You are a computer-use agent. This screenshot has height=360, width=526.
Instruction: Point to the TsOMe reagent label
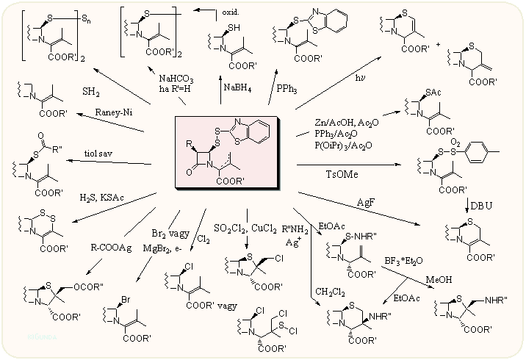click(x=342, y=173)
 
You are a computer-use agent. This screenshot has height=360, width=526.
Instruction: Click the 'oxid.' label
click(x=232, y=12)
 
